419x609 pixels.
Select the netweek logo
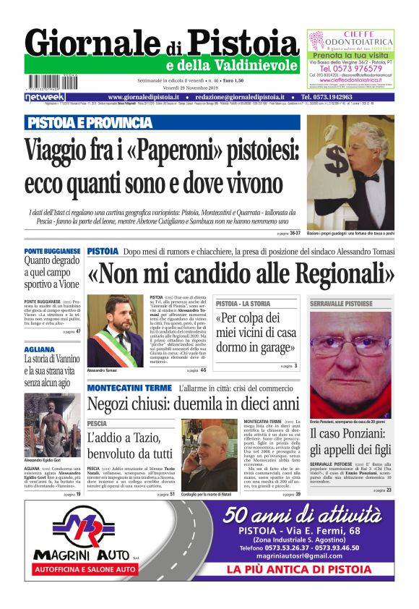click(45, 96)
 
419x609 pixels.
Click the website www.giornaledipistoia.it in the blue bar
click(149, 97)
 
